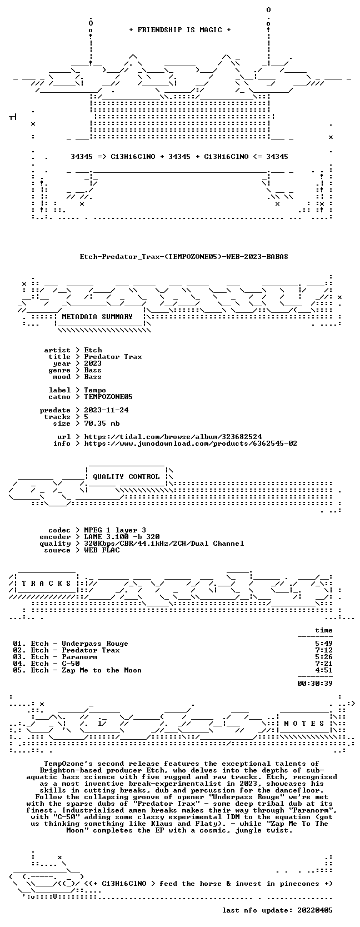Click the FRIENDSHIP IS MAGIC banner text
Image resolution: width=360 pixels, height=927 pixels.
point(180,30)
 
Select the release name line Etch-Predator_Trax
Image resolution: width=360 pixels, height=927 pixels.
point(184,257)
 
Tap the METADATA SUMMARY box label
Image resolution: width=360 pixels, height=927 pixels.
point(97,317)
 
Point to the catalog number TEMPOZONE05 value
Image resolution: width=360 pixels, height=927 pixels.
point(108,397)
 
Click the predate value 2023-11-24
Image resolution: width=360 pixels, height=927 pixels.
point(106,410)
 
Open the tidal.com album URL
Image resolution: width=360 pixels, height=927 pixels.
point(173,437)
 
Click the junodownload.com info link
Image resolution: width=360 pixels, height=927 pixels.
point(191,443)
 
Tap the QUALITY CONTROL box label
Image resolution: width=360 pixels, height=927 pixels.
point(126,477)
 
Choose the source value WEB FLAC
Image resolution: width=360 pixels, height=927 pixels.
point(102,550)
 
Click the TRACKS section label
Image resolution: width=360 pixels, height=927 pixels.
point(46,584)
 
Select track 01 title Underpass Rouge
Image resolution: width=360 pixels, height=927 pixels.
point(95,644)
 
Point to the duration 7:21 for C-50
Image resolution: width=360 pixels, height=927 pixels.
point(323,664)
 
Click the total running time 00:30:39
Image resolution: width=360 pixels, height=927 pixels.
point(315,683)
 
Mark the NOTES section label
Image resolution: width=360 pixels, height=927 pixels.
point(304,723)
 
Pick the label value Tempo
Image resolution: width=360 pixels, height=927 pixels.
point(95,390)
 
